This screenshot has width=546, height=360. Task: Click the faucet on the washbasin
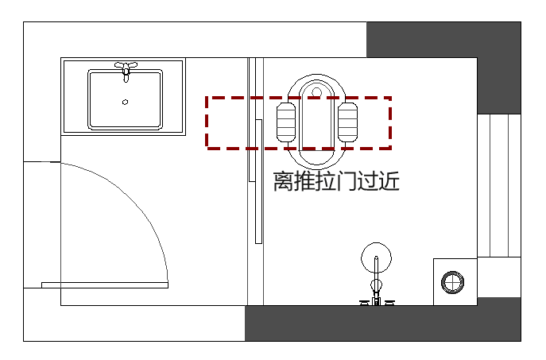[x=125, y=69]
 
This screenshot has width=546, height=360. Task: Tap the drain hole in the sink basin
[x=125, y=102]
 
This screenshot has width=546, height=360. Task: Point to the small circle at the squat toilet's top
[x=318, y=92]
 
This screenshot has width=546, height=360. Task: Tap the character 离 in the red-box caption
[x=283, y=182]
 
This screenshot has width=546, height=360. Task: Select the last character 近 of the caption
[x=389, y=182]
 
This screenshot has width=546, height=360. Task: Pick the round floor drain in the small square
[x=453, y=281]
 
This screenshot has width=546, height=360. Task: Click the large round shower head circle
[x=376, y=257]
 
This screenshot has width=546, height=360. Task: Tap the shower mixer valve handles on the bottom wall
[x=377, y=301]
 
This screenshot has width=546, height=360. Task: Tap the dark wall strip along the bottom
[x=381, y=323]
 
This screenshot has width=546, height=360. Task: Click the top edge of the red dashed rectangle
[x=298, y=98]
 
